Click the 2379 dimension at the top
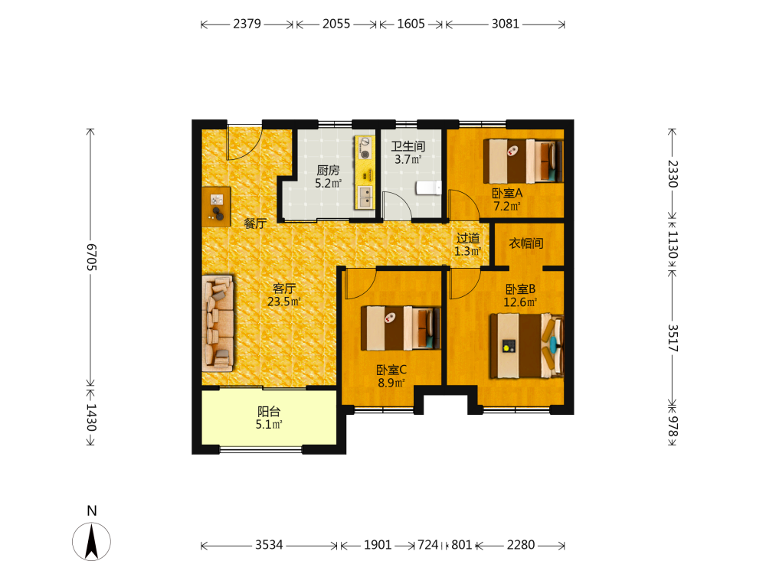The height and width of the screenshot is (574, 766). coord(247,24)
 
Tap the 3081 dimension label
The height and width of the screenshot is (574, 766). coord(505,24)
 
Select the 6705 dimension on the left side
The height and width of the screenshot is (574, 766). coord(91,256)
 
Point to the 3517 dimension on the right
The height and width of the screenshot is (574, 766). coord(673,338)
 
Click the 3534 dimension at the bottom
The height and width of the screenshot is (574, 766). coord(269,545)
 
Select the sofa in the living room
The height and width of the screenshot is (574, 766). coord(218,323)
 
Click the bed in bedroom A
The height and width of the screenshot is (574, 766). coord(523,161)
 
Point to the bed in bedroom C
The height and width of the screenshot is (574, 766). coord(401,328)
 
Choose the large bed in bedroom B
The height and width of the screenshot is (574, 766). coord(527,346)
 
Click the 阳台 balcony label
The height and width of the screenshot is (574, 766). coord(269,412)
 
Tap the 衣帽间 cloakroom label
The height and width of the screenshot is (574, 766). coord(526,243)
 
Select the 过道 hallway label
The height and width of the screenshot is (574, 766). coord(468,238)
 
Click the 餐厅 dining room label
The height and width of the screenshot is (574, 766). coord(256,223)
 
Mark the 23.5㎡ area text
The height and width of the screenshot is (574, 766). coord(284,302)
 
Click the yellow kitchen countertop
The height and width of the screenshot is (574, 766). coord(365,172)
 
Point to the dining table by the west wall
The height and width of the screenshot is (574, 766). coord(216,207)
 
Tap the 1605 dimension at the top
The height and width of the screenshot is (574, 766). coord(411,24)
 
